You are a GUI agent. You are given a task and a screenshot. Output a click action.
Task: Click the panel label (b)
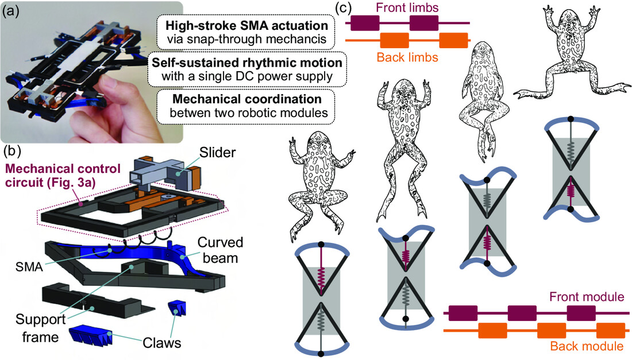[x=11, y=152]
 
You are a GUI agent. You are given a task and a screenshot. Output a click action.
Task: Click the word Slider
[x=217, y=153]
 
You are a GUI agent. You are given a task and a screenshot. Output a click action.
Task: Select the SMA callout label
[x=29, y=266]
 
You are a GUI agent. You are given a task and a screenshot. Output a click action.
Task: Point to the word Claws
[x=162, y=343]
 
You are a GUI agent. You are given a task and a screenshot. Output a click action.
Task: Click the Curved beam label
[x=220, y=250]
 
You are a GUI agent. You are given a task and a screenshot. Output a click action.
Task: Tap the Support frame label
[x=40, y=328]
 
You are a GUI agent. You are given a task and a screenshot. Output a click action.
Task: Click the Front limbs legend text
[x=407, y=7]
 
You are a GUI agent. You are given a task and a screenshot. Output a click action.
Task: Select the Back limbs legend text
[x=407, y=57]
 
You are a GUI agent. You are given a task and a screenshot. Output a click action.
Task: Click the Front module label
[x=587, y=297]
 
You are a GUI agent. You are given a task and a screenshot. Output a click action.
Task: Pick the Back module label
[x=587, y=346]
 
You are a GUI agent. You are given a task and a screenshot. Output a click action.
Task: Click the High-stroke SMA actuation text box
[x=246, y=32]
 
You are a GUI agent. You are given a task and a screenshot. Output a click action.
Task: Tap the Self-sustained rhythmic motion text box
[x=246, y=69]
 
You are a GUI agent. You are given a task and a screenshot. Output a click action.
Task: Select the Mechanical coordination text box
[x=246, y=106]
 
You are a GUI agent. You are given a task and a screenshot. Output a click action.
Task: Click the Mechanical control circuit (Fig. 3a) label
[x=63, y=175]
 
